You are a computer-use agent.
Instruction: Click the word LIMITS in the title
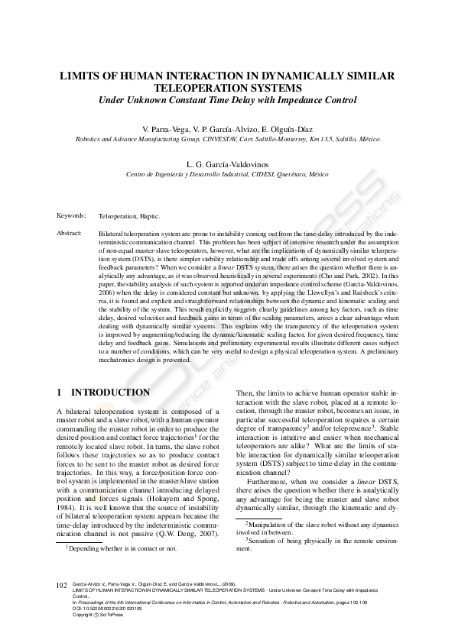82,77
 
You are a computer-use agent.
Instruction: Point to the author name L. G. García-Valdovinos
227,164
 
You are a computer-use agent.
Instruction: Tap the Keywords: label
71,216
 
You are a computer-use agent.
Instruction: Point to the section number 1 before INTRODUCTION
60,393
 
